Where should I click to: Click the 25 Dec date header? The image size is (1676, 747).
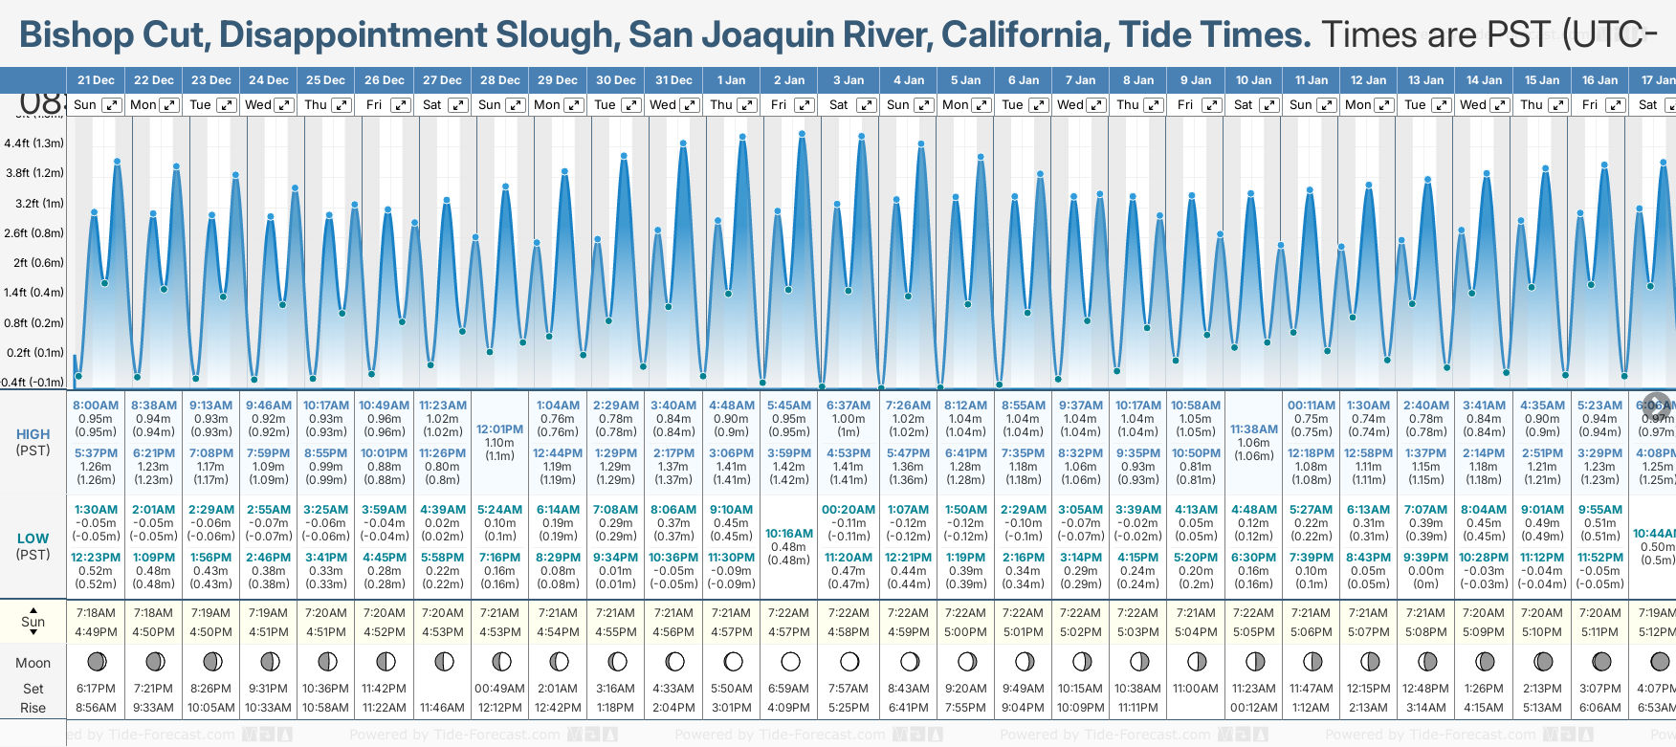tap(325, 80)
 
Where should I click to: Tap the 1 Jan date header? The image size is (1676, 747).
tap(731, 80)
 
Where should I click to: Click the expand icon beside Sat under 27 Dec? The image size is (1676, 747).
tap(458, 105)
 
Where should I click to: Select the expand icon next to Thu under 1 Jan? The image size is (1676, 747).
tap(747, 105)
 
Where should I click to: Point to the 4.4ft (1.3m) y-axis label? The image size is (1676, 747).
tap(33, 143)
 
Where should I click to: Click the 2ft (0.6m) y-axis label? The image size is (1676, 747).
tap(33, 263)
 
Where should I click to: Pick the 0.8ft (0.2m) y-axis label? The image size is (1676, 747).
tap(33, 323)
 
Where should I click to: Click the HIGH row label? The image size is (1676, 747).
tap(33, 434)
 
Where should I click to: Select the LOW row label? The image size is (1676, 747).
tap(33, 538)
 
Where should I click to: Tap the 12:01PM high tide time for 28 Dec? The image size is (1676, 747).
tap(499, 429)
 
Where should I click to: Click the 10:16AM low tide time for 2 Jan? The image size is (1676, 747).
tap(789, 534)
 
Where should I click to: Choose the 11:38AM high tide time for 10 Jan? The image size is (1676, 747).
tap(1253, 429)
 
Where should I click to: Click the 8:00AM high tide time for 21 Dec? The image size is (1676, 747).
tap(96, 406)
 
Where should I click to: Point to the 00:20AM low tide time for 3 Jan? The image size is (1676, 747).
tap(849, 510)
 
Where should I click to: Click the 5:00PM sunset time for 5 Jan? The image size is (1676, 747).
tap(965, 632)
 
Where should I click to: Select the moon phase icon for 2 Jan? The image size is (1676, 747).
tap(790, 661)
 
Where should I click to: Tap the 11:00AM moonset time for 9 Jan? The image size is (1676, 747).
tap(1196, 689)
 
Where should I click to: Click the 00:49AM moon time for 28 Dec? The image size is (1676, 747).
tap(499, 689)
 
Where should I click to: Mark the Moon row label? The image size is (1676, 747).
tap(33, 663)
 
